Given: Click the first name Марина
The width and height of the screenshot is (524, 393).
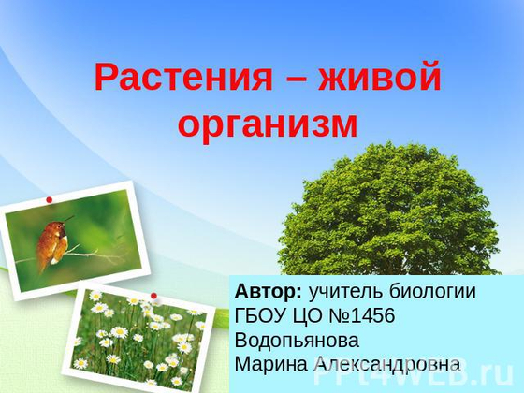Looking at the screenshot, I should (267, 362).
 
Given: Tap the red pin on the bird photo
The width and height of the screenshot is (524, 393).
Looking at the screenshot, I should (49, 199).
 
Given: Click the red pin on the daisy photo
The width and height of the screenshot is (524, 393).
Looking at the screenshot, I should (153, 296).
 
